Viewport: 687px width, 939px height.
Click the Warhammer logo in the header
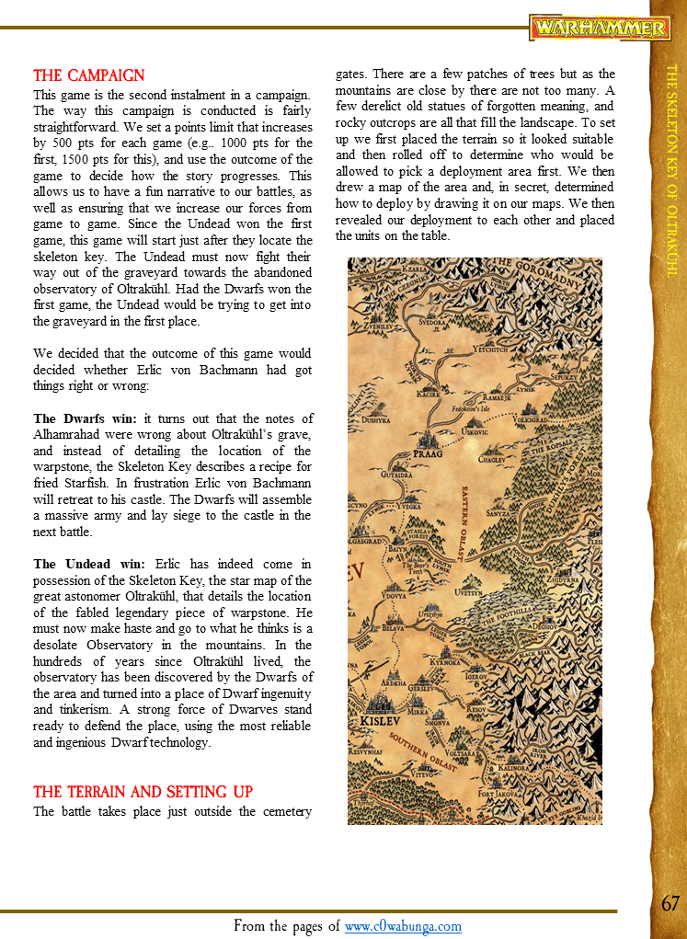coord(600,28)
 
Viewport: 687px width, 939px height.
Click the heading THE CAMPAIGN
coord(89,75)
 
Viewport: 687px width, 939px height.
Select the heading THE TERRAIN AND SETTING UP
coord(143,792)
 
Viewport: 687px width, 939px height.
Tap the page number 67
coord(670,903)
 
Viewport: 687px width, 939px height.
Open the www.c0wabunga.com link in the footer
coord(403,926)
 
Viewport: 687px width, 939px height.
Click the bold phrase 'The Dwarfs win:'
coord(85,418)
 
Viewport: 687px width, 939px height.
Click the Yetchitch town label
coord(489,349)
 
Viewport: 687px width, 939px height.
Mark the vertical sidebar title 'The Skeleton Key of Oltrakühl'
coord(670,170)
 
